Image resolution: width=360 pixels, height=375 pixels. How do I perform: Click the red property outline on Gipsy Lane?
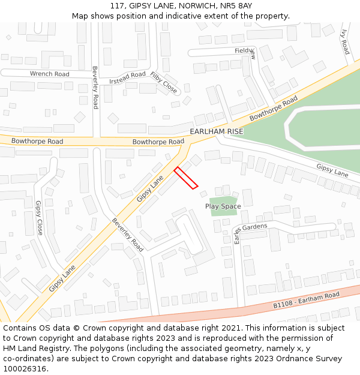(186, 178)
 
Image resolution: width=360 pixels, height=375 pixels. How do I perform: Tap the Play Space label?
(223, 206)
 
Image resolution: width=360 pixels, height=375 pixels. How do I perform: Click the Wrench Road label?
(50, 74)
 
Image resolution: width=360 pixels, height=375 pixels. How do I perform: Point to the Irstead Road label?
(127, 77)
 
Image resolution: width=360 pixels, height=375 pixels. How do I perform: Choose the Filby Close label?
(164, 83)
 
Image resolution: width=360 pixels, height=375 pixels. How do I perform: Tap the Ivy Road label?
(344, 42)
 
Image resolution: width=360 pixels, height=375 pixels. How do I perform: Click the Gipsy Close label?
(40, 217)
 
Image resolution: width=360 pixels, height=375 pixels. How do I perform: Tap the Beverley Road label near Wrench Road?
(95, 88)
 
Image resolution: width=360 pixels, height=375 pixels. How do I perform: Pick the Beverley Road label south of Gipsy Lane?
(128, 234)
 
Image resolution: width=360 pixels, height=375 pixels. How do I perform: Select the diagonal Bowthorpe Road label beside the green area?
(274, 109)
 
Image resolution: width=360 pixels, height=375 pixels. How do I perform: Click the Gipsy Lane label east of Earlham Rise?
(332, 170)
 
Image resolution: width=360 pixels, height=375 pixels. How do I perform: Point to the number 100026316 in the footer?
(24, 368)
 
